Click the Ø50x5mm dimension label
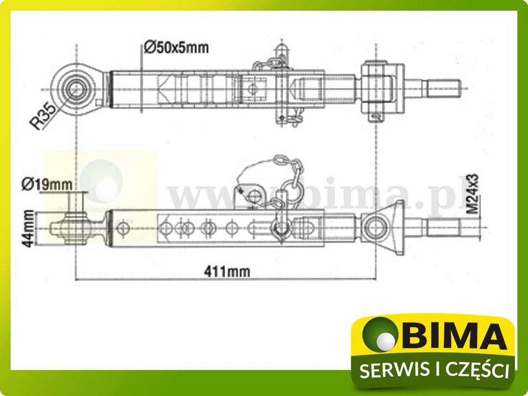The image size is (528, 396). pos(176,48)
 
